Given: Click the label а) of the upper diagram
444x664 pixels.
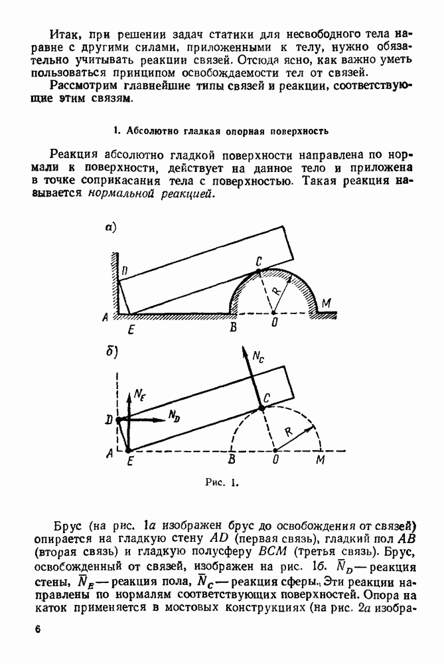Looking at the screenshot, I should (x=111, y=228).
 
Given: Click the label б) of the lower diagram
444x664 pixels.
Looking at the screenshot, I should (x=111, y=353).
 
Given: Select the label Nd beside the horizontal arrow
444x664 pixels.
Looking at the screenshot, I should (x=175, y=417).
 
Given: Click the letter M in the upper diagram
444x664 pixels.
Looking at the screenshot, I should (x=325, y=304).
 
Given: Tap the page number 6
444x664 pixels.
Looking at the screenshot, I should (x=37, y=629).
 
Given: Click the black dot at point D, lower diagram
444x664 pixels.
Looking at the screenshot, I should (x=117, y=420).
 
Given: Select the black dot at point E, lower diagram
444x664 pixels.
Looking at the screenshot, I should (x=128, y=451).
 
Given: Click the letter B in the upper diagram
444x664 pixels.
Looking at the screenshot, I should (x=232, y=327).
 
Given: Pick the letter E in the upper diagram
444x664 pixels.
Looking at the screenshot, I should (x=131, y=327).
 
